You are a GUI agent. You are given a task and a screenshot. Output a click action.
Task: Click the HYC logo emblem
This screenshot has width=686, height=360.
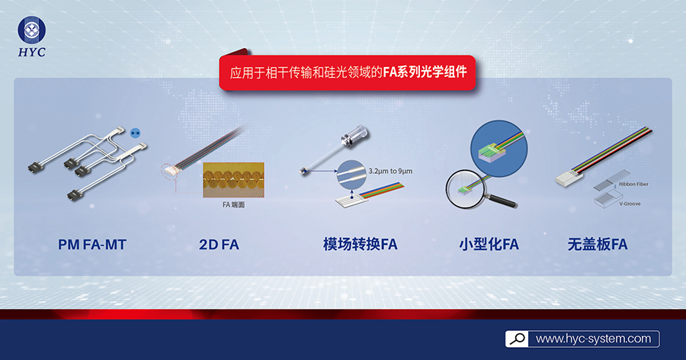click(x=31, y=31)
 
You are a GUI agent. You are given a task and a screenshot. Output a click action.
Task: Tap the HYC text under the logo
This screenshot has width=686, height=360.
click(x=31, y=52)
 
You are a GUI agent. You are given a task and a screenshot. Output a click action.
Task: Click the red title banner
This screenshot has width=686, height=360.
click(x=348, y=72)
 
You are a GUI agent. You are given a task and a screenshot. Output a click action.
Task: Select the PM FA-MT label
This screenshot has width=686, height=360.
click(x=92, y=244)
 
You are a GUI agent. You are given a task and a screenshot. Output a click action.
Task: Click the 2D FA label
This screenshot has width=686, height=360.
click(x=219, y=244)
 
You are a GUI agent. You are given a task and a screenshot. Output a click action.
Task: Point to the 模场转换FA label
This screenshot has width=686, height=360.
click(x=360, y=244)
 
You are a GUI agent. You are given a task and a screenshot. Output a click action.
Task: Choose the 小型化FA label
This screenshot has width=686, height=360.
click(x=489, y=244)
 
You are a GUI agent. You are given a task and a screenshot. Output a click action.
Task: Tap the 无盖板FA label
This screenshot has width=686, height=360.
click(x=597, y=244)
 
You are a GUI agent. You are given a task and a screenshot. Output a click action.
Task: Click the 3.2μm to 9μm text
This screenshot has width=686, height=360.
click(x=390, y=172)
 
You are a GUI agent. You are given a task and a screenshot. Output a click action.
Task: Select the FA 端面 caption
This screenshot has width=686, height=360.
click(x=234, y=204)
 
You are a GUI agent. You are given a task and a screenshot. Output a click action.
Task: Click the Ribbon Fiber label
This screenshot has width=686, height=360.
click(x=633, y=185)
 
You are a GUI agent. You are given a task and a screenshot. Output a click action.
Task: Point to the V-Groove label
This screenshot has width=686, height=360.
click(x=630, y=204)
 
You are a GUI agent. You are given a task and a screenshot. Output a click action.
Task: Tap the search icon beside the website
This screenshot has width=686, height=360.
click(x=517, y=339)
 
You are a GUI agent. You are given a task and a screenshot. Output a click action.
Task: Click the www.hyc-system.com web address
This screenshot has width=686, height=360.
click(x=593, y=339)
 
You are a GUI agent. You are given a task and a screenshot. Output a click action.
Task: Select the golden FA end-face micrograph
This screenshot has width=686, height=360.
click(x=234, y=180)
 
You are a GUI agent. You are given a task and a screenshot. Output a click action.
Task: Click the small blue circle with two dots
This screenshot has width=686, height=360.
click(x=135, y=132)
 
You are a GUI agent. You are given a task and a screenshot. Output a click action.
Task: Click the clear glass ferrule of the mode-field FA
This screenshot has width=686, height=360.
click(x=354, y=135)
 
